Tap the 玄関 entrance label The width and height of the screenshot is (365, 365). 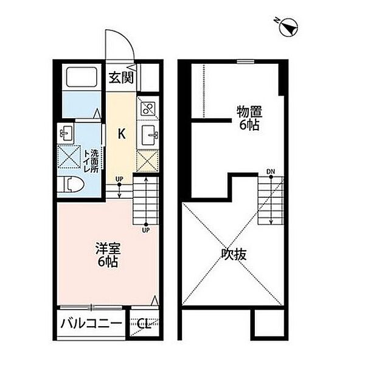point(121,77)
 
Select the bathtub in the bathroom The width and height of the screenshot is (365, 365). point(82,77)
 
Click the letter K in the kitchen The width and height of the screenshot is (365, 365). point(122,134)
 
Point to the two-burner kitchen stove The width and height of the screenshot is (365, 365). point(148,108)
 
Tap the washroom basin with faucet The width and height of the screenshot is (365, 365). point(66,133)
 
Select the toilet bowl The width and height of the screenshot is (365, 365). point(72,184)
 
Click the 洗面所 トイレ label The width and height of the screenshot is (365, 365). point(91,161)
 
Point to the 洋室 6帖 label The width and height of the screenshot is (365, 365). point(108,255)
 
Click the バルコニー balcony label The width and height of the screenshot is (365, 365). point(91,324)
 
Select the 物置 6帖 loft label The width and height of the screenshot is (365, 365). point(249,118)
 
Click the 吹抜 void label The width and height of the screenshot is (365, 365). point(234,254)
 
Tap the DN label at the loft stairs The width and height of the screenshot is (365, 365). point(271,172)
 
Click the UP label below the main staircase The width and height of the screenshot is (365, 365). point(146,230)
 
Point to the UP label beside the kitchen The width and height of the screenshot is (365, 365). point(119,179)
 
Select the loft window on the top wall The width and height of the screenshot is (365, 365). point(246,61)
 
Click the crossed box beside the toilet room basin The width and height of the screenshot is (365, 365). point(69,157)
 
